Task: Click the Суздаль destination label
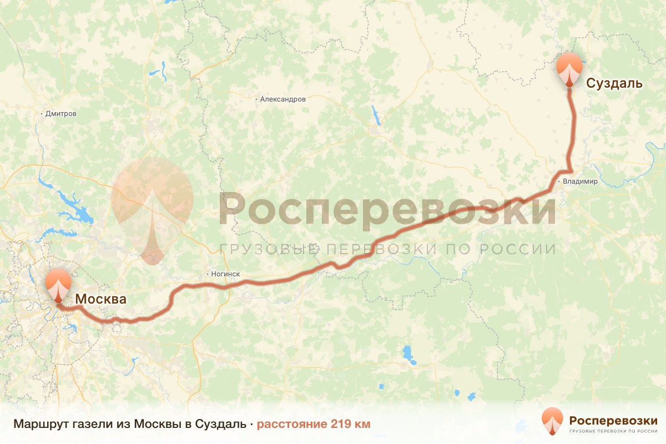(615, 84)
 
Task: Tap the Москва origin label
(100, 299)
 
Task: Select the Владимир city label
(580, 181)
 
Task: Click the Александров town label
(283, 99)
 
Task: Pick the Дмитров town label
(61, 114)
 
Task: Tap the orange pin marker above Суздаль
(569, 68)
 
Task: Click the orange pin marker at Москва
(58, 284)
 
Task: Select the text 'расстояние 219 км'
(313, 424)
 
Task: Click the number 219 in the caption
(340, 424)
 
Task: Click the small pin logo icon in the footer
(553, 421)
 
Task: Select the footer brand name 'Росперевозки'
(613, 420)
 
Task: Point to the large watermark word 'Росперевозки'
(387, 209)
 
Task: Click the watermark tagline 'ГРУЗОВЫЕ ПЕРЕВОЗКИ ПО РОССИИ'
(387, 249)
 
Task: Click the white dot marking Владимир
(559, 181)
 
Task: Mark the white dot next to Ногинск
(207, 274)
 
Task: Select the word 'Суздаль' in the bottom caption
(223, 424)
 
